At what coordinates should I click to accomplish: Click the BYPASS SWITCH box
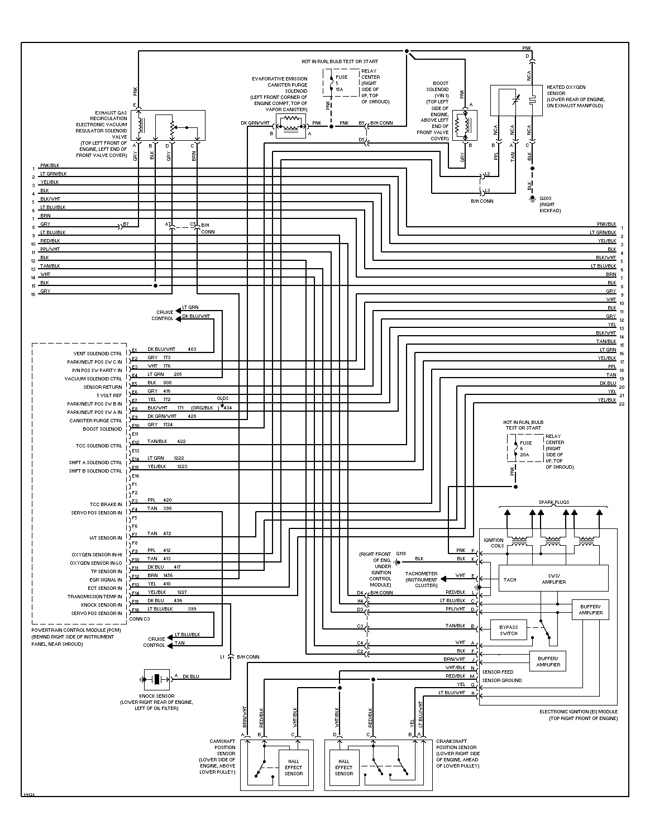509,630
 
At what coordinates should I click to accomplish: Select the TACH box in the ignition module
510,579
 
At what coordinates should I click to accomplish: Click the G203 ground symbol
532,199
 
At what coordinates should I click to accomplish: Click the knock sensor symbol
157,679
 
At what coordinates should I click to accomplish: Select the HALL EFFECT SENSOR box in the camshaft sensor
293,767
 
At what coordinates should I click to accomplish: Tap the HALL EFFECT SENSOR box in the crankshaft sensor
343,767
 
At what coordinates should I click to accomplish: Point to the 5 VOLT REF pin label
110,395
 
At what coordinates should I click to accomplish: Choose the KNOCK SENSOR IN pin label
101,605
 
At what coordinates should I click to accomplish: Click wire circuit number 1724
168,425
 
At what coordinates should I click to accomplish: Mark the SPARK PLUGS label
553,502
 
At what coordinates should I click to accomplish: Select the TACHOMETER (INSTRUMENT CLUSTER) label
421,579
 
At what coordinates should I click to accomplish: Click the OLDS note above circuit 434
223,398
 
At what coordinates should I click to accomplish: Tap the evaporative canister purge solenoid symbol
290,126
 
